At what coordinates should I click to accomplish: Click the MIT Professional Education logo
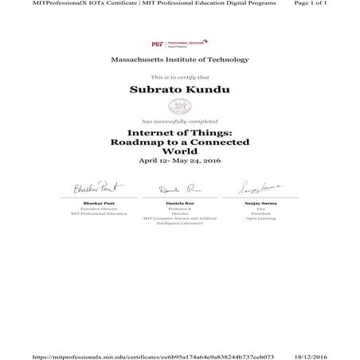(x=179, y=43)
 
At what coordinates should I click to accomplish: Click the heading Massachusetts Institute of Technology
(x=179, y=59)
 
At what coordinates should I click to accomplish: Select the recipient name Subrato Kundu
(x=179, y=90)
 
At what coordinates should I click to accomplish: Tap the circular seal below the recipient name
(x=179, y=106)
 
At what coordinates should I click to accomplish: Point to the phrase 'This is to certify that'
(x=179, y=76)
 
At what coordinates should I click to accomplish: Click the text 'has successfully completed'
(x=179, y=120)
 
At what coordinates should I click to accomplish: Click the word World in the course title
(x=179, y=151)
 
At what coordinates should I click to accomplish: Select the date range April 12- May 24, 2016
(x=179, y=161)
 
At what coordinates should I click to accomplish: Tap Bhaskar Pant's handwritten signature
(x=97, y=188)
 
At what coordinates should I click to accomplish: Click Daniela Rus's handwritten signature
(x=179, y=190)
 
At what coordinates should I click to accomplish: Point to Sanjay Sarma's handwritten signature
(x=260, y=188)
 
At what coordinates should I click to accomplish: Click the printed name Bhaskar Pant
(x=99, y=205)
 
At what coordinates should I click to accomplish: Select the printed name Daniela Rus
(x=180, y=205)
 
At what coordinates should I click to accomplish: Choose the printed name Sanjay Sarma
(x=260, y=205)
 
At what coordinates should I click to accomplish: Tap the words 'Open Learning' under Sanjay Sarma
(x=260, y=218)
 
